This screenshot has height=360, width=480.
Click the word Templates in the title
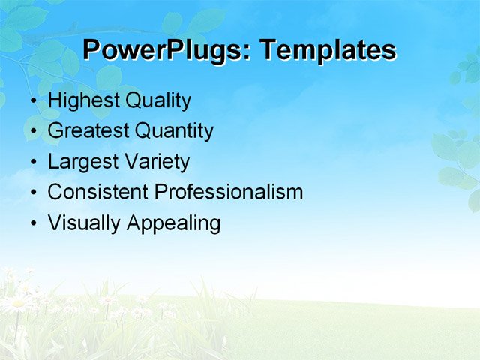point(328,50)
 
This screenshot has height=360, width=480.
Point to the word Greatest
point(88,131)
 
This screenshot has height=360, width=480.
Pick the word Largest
point(79,162)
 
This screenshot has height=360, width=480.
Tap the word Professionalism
point(229,192)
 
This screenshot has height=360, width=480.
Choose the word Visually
point(83,223)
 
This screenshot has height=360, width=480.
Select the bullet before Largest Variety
point(31,163)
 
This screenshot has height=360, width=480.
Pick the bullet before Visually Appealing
point(31,224)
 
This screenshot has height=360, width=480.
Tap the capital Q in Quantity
point(142,131)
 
